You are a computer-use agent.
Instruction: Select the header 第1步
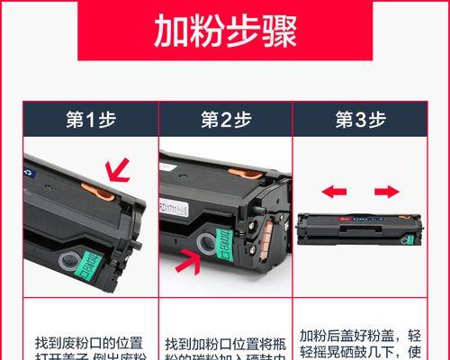tap(90, 120)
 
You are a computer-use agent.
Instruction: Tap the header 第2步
tap(224, 120)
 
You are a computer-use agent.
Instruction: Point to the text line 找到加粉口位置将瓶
tap(224, 344)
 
